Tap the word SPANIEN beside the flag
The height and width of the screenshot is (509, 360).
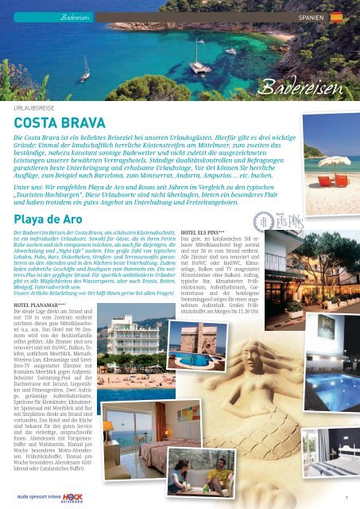click(x=310, y=16)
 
